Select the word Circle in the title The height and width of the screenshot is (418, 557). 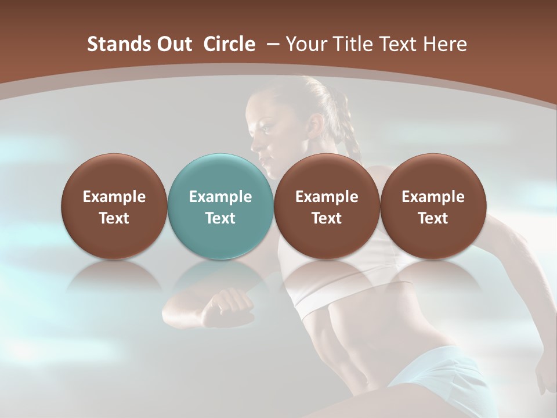point(229,44)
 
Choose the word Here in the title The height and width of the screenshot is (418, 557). point(445,44)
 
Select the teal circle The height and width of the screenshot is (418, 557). point(220,206)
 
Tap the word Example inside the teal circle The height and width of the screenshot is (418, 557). point(220,197)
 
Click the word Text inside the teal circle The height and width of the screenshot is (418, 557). point(220,218)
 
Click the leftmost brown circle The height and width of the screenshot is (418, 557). point(114,206)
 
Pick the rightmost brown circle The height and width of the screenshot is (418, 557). point(433,206)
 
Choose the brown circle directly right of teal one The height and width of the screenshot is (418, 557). point(327,206)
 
